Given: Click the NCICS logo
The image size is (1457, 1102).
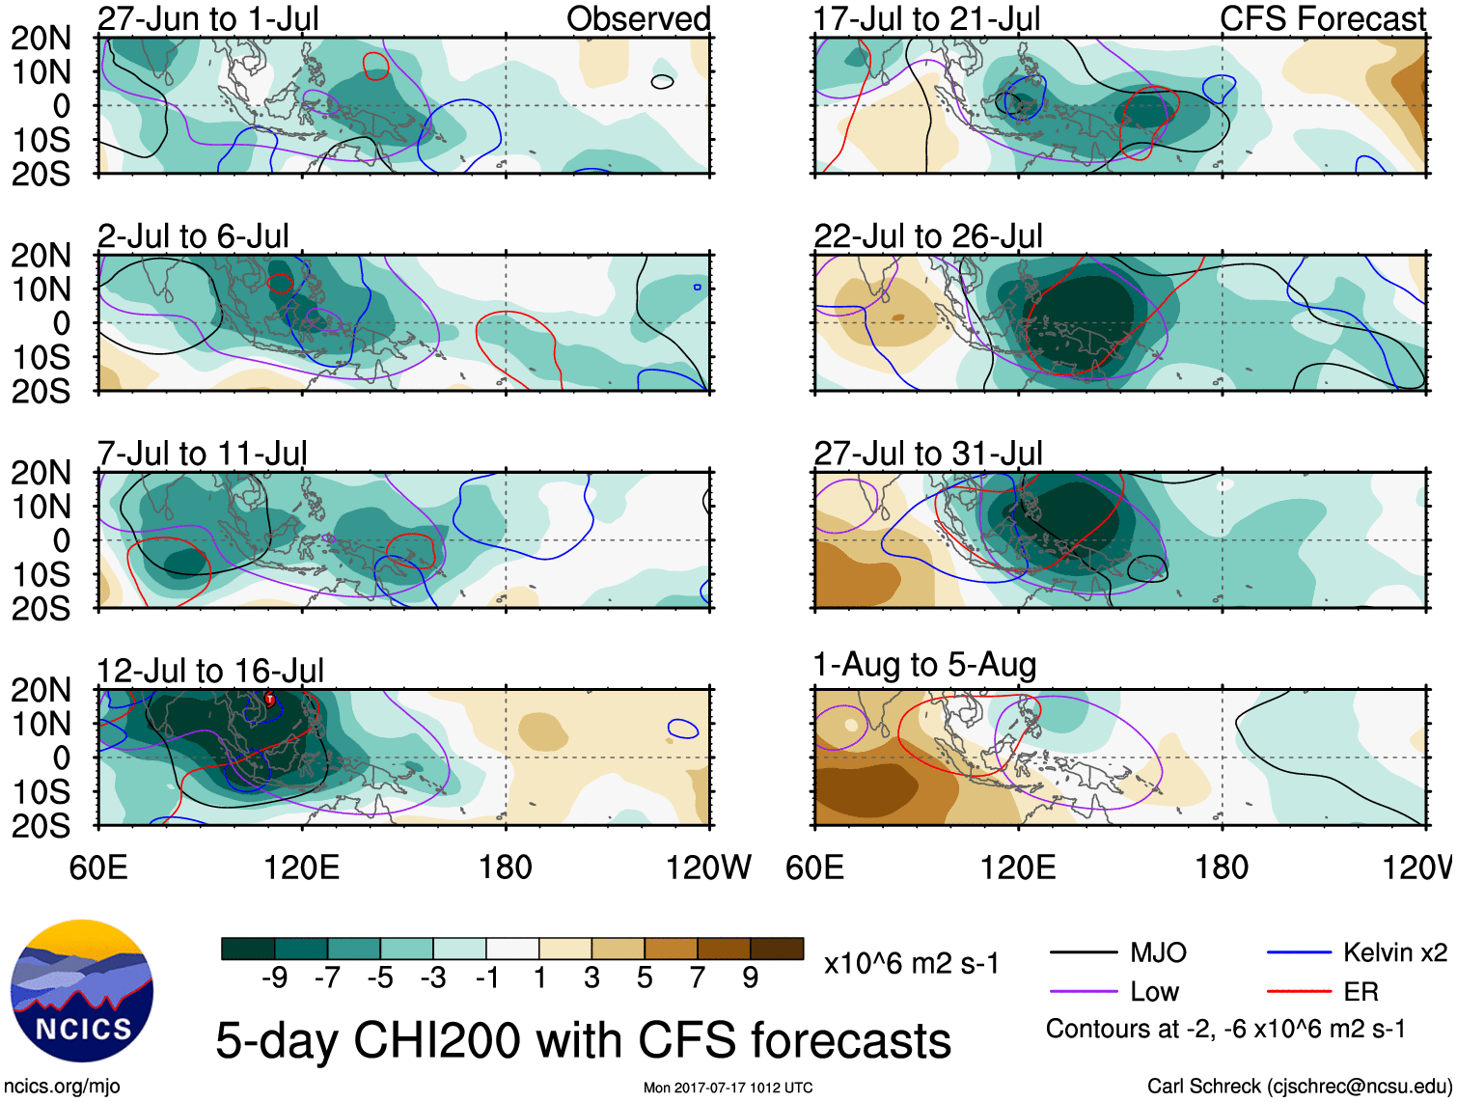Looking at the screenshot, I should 82,991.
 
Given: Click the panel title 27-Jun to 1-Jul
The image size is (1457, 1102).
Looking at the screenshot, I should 207,18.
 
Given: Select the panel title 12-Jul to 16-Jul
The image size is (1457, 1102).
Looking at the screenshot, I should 209,670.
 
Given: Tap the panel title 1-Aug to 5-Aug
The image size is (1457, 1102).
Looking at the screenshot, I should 924,664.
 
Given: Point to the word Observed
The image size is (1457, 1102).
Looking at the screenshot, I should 638,18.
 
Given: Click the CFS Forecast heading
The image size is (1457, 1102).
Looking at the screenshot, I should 1322,18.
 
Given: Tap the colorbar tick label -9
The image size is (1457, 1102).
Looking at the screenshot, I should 274,978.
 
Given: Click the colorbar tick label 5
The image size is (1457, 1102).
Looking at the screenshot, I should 645,978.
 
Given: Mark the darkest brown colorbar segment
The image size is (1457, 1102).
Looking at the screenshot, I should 777,949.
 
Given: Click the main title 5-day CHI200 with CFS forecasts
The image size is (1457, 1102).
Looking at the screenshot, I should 583,1041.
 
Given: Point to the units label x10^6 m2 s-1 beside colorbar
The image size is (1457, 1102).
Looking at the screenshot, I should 911,963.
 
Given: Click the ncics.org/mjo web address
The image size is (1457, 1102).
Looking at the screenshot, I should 62,1087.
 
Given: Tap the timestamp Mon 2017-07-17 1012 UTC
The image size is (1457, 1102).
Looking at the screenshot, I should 728,1088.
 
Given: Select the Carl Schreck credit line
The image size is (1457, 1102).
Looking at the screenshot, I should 1299,1087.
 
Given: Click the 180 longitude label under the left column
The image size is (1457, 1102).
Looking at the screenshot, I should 506,868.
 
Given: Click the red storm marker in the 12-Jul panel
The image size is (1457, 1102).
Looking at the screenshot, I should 270,700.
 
